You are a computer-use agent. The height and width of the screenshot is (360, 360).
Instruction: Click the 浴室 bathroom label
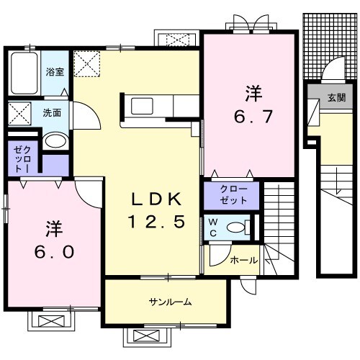55,72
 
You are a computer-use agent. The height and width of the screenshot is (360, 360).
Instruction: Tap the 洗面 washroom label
51,113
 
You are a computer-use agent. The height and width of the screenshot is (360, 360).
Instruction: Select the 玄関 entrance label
336,98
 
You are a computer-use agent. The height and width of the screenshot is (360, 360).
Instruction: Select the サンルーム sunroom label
170,302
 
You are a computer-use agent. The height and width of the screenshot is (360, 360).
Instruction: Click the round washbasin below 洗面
55,140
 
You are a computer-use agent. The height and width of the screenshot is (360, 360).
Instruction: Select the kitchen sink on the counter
142,107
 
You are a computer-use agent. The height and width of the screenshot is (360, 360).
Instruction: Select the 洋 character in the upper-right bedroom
253,93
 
